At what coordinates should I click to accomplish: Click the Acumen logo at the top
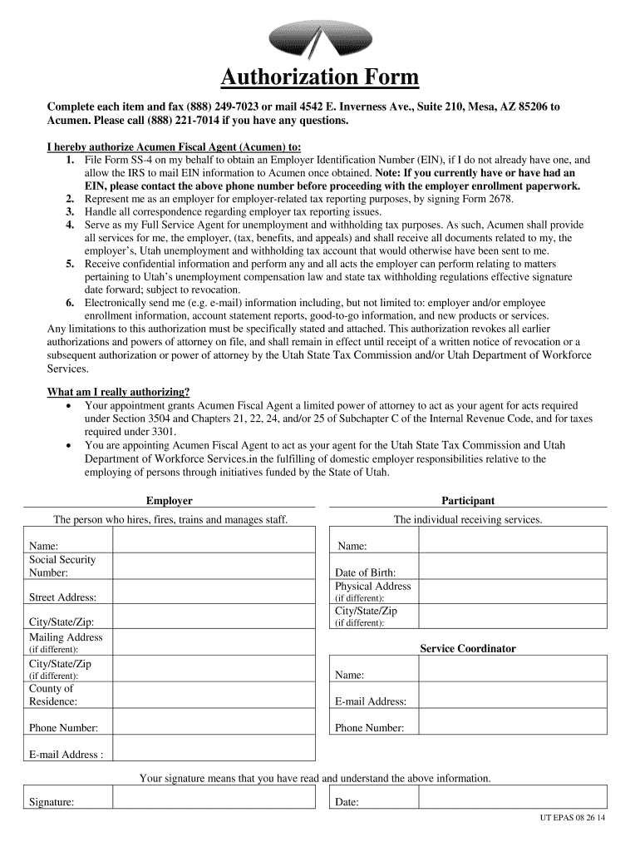319,39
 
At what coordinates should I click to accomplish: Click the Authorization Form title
319,78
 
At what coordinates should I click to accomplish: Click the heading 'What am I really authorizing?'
118,393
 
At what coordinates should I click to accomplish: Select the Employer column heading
169,501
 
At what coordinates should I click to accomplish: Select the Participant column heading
468,501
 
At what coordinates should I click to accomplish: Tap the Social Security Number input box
214,566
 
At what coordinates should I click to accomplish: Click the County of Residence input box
214,695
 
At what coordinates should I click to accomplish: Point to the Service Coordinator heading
468,649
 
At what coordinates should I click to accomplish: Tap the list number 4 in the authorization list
70,225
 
